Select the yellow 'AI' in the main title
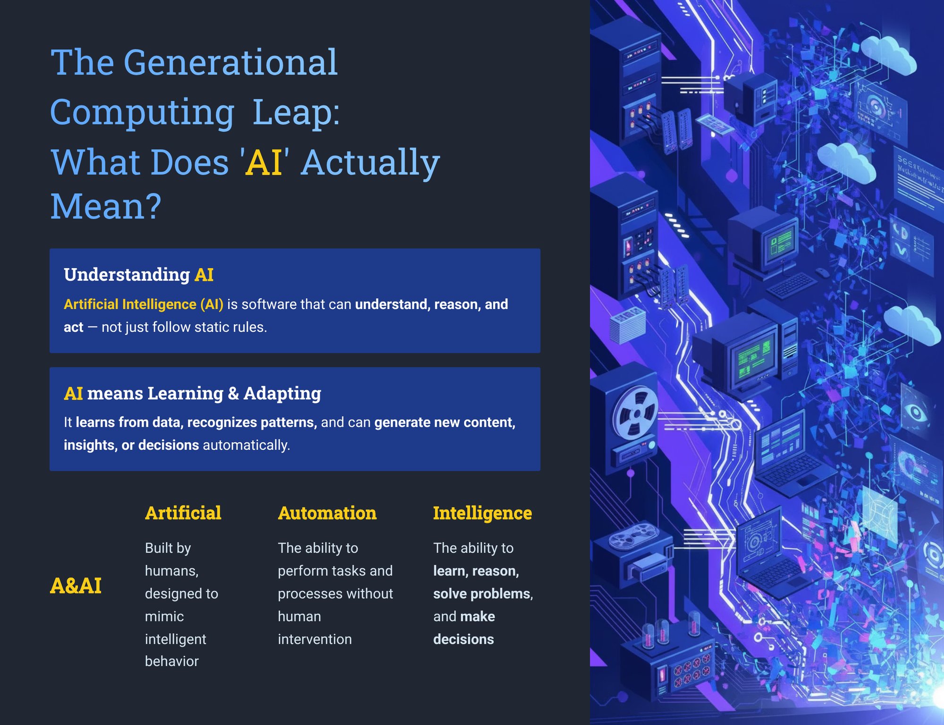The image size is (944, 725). click(264, 162)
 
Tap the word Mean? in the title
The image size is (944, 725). click(106, 206)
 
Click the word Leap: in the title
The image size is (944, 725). click(296, 112)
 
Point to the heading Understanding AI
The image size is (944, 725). click(139, 275)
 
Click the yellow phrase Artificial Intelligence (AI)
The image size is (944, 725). click(143, 304)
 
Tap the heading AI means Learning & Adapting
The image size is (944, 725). click(193, 393)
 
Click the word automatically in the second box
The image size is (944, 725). click(246, 445)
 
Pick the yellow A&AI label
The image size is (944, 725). click(76, 586)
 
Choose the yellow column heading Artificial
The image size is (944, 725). click(183, 513)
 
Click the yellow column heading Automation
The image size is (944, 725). click(327, 513)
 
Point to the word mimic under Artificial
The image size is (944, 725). click(164, 616)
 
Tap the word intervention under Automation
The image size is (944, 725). click(315, 639)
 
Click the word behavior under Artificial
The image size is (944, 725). click(172, 661)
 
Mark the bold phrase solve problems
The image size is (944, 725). click(482, 594)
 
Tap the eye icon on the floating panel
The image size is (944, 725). click(916, 413)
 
